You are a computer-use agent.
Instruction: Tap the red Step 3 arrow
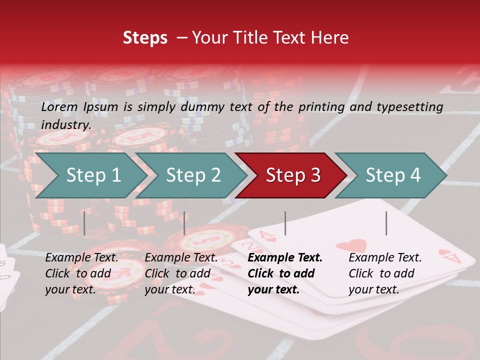click(293, 175)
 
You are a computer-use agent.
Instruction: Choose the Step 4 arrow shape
click(393, 175)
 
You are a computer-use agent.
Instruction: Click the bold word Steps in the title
click(145, 38)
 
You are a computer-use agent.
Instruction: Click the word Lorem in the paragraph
click(59, 106)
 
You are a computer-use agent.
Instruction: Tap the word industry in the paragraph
click(66, 124)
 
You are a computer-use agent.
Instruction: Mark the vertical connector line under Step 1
click(84, 223)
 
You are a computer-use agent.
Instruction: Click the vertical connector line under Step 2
click(184, 223)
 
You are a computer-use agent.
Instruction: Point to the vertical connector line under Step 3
click(285, 223)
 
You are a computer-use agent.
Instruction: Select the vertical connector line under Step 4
click(386, 223)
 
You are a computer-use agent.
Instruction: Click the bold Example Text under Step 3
click(285, 257)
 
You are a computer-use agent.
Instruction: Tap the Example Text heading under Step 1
click(82, 257)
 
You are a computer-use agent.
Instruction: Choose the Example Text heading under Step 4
click(385, 257)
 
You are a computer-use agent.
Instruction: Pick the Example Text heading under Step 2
click(181, 257)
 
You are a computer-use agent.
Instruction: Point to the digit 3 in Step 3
click(315, 175)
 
